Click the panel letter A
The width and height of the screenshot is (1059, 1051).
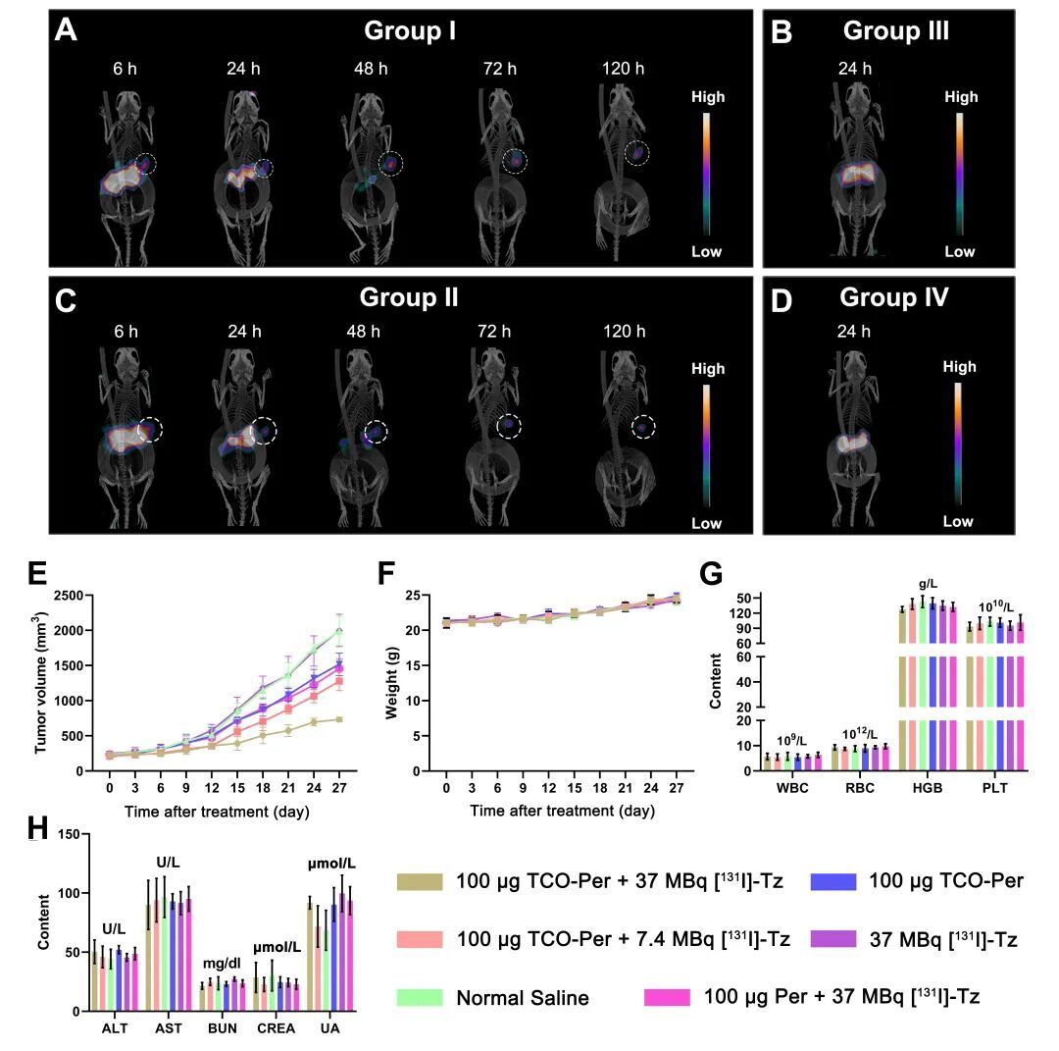click(x=66, y=30)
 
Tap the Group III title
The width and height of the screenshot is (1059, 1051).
click(x=895, y=30)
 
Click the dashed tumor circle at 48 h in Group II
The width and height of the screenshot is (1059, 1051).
click(x=377, y=431)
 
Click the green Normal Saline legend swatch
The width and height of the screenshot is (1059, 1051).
click(x=421, y=997)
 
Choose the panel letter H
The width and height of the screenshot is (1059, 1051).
click(x=37, y=831)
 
